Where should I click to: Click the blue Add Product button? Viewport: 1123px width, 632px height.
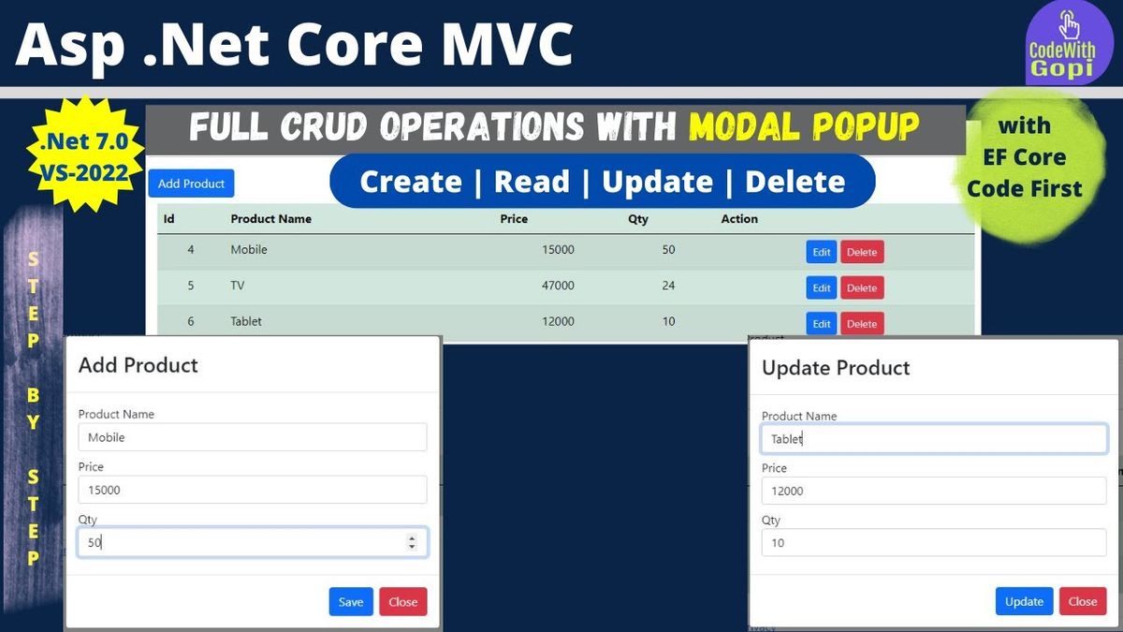click(191, 184)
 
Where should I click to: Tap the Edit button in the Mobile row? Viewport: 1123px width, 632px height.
click(822, 252)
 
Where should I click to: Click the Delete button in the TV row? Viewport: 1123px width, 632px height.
click(862, 288)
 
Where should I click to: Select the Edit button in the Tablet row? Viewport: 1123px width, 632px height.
click(822, 324)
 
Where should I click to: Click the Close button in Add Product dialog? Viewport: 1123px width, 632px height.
click(403, 601)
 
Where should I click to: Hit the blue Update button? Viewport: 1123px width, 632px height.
click(1024, 601)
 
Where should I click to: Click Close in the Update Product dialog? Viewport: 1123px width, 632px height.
click(1083, 601)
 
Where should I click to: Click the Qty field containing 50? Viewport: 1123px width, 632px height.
click(253, 542)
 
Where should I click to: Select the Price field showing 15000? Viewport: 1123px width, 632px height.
click(253, 490)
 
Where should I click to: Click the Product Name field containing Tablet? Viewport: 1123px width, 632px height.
click(934, 439)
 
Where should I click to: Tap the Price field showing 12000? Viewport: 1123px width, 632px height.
click(934, 491)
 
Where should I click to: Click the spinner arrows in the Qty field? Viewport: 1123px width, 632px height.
click(412, 542)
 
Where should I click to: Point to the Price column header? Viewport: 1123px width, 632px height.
click(514, 219)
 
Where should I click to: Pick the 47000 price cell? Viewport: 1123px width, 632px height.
click(558, 286)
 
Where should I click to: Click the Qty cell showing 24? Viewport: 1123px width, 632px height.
click(668, 286)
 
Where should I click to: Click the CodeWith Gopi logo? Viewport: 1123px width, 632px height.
click(1069, 44)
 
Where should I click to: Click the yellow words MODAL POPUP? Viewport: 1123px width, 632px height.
click(804, 125)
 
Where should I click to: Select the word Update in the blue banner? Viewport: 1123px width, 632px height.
click(657, 181)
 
